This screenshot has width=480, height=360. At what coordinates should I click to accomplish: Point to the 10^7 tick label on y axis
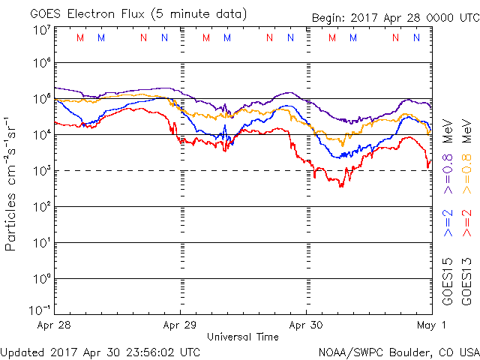click(40, 31)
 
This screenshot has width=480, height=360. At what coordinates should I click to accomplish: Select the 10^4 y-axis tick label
click(40, 135)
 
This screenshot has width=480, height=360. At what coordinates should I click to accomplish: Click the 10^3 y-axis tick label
click(40, 171)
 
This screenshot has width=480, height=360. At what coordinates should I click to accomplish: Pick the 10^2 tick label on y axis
click(40, 207)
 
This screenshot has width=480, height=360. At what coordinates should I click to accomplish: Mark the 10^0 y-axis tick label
click(40, 279)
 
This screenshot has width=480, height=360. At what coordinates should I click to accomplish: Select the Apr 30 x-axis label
click(306, 325)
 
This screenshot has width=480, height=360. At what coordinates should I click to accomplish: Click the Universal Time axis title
click(243, 337)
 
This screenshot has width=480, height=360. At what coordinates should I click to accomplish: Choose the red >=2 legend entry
click(467, 222)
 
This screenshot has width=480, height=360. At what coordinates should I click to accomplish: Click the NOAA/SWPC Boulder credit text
click(397, 351)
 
